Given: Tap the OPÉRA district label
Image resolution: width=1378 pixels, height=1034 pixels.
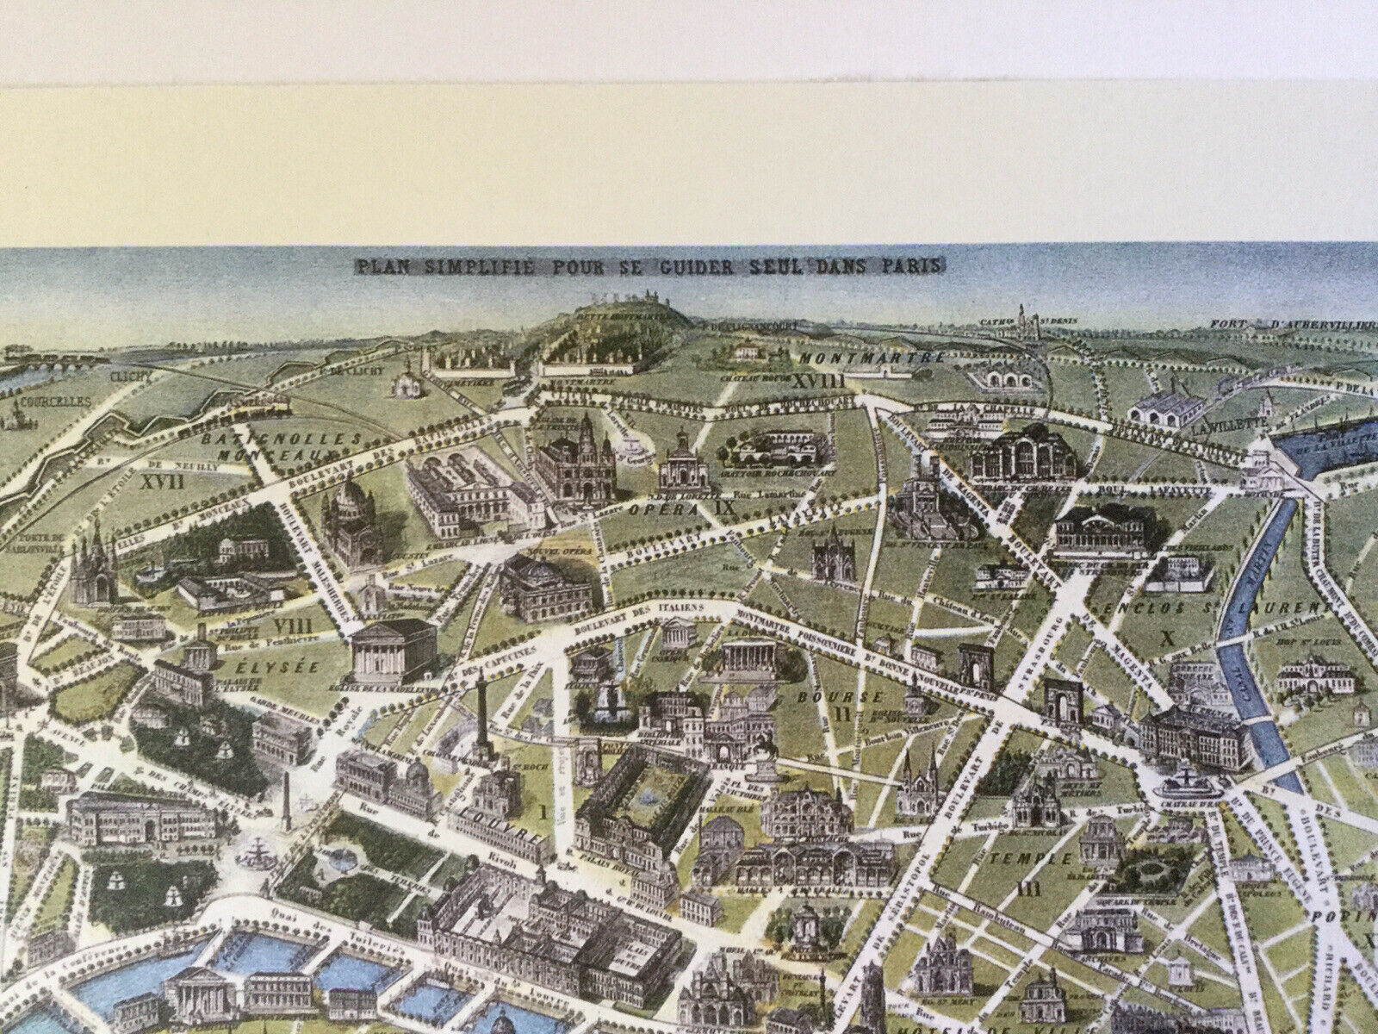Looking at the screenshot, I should (x=676, y=510).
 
